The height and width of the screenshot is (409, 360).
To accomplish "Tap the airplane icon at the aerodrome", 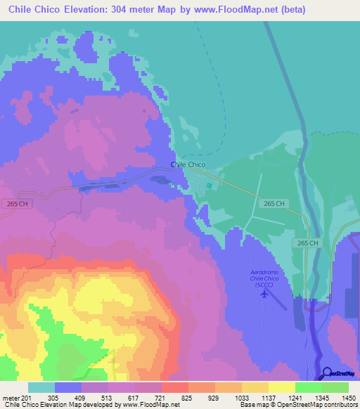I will pyautogui.click(x=264, y=293).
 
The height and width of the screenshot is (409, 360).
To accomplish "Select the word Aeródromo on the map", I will pyautogui.click(x=264, y=271).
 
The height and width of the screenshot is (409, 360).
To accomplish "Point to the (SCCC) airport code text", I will pyautogui.click(x=264, y=285).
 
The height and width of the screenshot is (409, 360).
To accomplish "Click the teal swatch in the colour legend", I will pyautogui.click(x=41, y=387).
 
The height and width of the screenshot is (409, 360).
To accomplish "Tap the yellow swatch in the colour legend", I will pyautogui.click(x=281, y=387).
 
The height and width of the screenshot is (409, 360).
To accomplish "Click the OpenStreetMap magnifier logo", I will pyautogui.click(x=328, y=372).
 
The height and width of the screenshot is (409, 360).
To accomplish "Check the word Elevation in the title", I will pyautogui.click(x=78, y=10).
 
